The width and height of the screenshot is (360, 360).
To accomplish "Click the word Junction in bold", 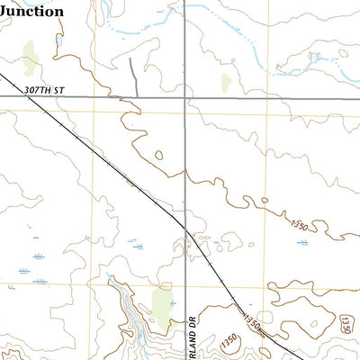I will click(31, 11).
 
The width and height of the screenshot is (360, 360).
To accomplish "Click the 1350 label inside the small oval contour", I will click(348, 323).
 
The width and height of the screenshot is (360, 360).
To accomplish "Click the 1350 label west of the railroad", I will click(230, 340).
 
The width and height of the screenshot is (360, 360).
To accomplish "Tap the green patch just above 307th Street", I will click(225, 84).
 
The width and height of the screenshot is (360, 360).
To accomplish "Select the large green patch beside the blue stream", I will click(162, 303).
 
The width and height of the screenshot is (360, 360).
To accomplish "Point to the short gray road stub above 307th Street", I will click(132, 76).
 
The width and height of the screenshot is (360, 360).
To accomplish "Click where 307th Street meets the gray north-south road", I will click(185, 95).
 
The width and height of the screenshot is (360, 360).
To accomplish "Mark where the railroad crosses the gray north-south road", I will click(185, 228).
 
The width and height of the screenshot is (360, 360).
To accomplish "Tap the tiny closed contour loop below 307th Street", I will click(158, 155).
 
